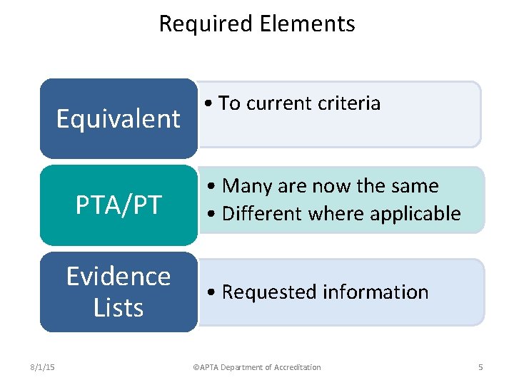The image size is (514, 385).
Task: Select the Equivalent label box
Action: [x=119, y=118]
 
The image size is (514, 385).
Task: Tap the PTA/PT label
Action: [x=119, y=205]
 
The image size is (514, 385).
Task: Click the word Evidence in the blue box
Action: [x=119, y=276]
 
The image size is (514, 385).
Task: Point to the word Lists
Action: [x=119, y=307]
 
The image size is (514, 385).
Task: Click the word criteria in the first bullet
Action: [x=350, y=103]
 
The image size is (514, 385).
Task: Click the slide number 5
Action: [x=480, y=367]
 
